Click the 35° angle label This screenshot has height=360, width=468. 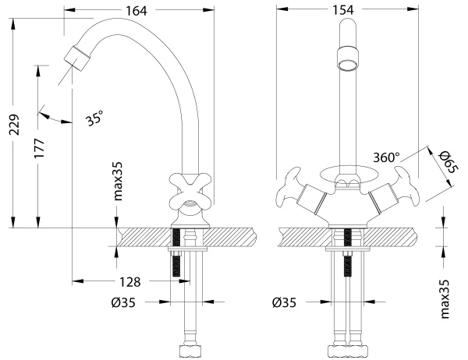[x=94, y=119]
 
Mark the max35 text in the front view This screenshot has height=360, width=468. [x=444, y=299]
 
